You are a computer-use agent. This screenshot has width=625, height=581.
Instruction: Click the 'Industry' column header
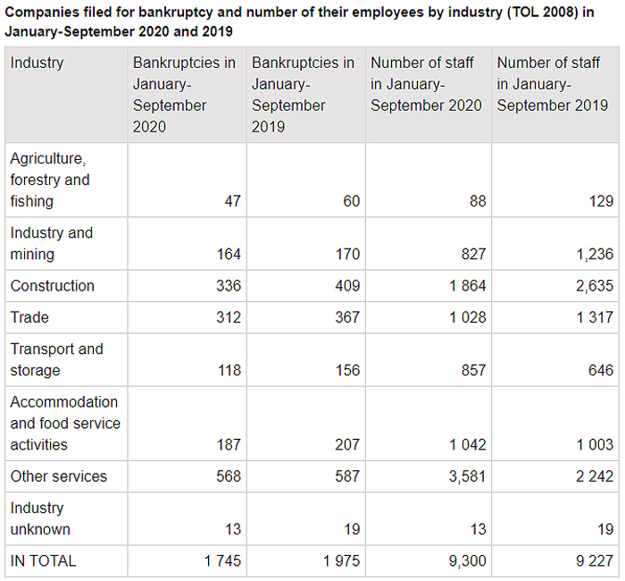37,63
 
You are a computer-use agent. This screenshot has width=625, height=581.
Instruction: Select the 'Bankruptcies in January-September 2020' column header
184,95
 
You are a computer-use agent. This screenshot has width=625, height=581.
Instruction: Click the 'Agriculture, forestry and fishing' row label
50,180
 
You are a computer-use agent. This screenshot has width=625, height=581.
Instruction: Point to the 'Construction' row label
52,286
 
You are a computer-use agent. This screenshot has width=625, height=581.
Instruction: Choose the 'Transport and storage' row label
56,359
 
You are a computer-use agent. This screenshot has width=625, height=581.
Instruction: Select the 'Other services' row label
58,476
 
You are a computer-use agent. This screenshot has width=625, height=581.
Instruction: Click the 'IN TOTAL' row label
43,561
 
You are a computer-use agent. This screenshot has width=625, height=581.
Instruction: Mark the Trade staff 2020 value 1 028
464,317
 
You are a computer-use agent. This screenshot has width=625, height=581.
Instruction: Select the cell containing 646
600,370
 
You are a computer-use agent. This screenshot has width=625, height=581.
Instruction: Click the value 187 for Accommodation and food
229,444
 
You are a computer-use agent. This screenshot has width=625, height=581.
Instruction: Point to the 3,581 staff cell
464,476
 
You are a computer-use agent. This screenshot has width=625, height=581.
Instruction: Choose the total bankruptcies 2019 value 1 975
340,561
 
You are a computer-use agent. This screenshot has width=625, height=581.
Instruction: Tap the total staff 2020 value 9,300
464,561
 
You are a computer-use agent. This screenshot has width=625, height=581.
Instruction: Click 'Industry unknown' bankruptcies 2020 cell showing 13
232,529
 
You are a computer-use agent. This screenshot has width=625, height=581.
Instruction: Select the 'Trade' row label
29,317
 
